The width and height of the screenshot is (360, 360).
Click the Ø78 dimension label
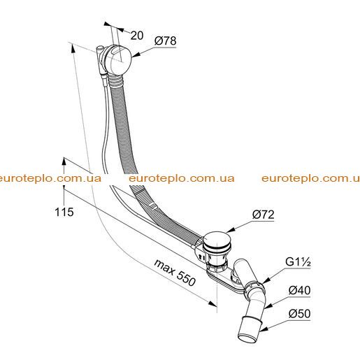tap(166, 41)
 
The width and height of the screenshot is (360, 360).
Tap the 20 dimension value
tap(137, 36)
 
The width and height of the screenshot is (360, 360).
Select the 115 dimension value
tap(64, 212)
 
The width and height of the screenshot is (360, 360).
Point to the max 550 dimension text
tap(175, 273)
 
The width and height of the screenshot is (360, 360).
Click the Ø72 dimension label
tap(264, 215)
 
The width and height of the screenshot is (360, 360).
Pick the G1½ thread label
tap(298, 262)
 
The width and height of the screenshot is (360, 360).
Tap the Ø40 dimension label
tap(299, 290)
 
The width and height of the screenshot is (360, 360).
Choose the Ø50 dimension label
tap(299, 313)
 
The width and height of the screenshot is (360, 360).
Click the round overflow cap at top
tap(117, 59)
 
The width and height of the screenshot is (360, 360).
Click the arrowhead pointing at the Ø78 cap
tap(136, 55)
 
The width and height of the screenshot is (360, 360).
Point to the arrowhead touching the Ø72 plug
tap(230, 230)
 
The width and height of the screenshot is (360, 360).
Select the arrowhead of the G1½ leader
tap(266, 280)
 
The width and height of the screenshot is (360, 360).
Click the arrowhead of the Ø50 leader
tap(264, 329)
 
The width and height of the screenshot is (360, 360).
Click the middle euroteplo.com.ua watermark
tap(182, 178)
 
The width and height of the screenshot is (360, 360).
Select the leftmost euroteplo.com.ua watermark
tap(50, 178)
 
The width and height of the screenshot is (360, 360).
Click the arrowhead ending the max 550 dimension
tap(213, 303)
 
